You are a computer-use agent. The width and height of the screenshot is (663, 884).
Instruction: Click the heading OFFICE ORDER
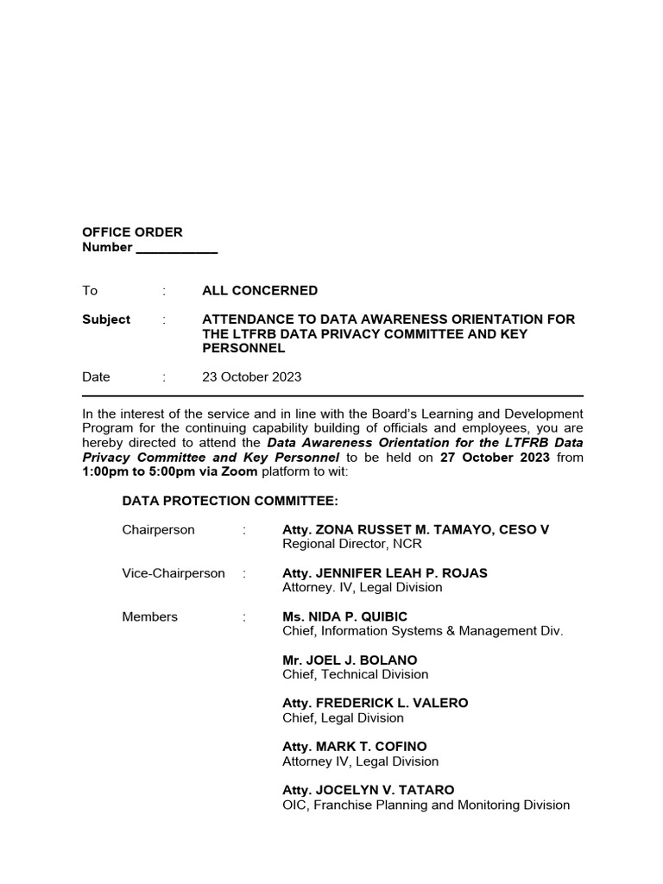click(132, 232)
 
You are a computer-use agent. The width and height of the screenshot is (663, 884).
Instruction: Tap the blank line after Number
click(177, 249)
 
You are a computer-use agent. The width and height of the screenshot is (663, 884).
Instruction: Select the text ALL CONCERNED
click(260, 291)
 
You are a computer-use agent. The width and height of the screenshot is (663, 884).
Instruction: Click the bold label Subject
click(106, 319)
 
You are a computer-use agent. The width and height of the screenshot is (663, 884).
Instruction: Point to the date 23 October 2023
click(252, 377)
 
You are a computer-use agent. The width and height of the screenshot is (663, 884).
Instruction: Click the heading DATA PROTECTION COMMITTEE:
click(230, 501)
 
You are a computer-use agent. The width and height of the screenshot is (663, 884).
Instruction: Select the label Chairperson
click(159, 530)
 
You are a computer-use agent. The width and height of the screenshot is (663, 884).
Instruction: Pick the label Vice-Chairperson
click(174, 573)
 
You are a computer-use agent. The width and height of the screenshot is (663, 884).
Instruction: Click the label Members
click(150, 616)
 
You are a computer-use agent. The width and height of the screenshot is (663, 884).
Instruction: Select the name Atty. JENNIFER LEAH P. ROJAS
click(385, 573)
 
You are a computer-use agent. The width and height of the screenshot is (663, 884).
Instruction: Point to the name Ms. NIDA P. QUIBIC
click(345, 616)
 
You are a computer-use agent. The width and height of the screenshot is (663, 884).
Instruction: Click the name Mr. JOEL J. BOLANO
click(350, 660)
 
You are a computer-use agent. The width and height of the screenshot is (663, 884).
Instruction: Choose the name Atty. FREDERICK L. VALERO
click(376, 704)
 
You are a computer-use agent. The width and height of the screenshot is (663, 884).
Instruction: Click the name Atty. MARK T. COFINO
click(355, 747)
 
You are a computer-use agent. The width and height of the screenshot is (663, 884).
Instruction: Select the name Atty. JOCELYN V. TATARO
click(369, 790)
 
